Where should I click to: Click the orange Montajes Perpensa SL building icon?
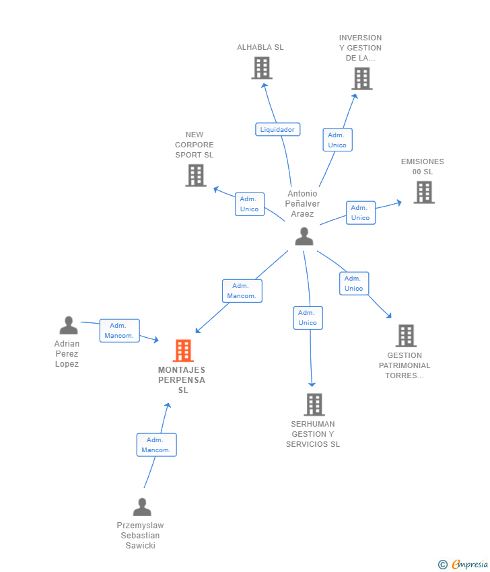(183, 351)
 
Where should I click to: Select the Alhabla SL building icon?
(261, 68)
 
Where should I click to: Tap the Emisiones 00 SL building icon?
(423, 192)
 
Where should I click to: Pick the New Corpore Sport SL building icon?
(195, 176)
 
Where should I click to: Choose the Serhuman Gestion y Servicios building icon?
(314, 404)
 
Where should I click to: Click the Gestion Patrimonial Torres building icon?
(405, 336)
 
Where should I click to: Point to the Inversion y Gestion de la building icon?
(361, 79)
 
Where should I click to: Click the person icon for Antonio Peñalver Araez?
(304, 236)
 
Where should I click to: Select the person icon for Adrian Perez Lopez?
(68, 326)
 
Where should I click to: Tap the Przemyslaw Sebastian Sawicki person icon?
(142, 507)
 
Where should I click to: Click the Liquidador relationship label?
(277, 129)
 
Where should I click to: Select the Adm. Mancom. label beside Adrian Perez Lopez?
(119, 330)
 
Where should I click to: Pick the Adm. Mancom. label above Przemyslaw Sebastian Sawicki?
(156, 445)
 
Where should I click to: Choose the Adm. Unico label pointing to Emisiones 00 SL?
(360, 213)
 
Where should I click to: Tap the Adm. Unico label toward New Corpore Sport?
(249, 204)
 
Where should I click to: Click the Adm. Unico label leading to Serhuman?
(308, 318)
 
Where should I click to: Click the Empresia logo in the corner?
(470, 565)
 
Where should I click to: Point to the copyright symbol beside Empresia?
(442, 565)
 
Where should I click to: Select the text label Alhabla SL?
(260, 47)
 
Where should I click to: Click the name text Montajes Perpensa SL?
(182, 380)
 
